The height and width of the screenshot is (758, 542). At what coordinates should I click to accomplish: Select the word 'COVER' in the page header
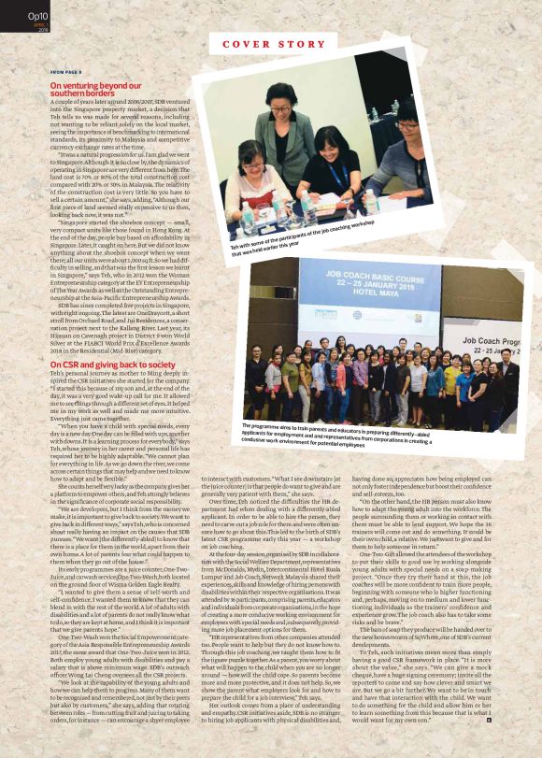246,44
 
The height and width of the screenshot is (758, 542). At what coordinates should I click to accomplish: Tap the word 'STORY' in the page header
300,44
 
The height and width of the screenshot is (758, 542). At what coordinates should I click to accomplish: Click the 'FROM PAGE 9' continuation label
67,72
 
